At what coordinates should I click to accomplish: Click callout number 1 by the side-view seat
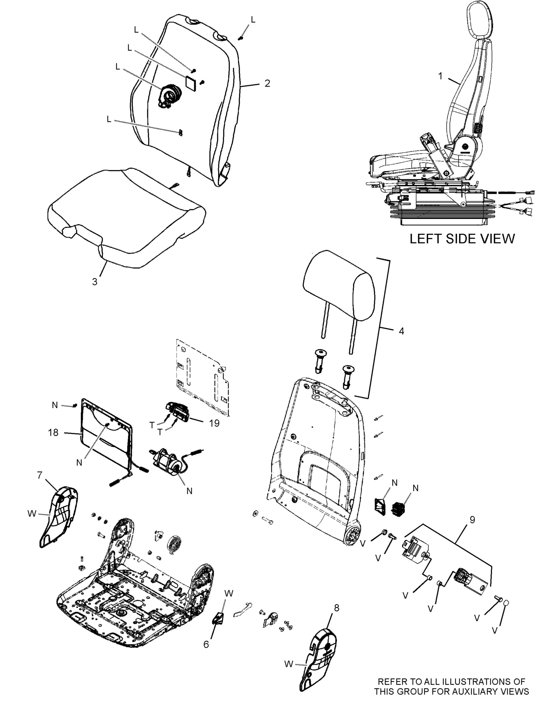(x=440, y=77)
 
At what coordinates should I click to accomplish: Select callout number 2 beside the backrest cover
(x=267, y=84)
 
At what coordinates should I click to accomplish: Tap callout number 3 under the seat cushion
(x=94, y=282)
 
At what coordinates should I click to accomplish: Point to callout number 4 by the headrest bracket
(x=401, y=331)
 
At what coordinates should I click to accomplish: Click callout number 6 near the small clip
(x=206, y=644)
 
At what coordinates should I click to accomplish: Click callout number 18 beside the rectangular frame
(x=54, y=433)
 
